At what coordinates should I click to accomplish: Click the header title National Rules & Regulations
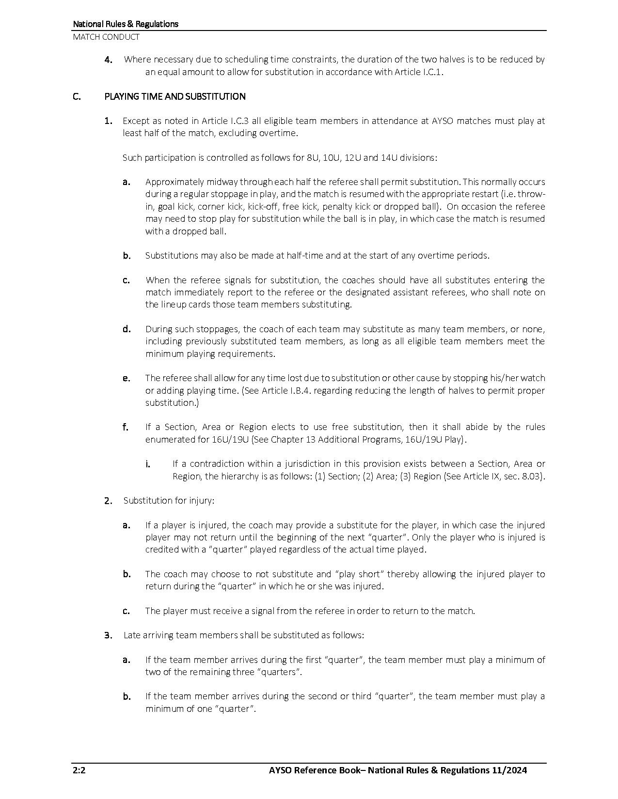(126, 24)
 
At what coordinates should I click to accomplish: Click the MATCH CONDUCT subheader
(106, 37)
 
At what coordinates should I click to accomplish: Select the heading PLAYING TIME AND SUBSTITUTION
(175, 96)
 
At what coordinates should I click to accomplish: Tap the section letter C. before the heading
(77, 96)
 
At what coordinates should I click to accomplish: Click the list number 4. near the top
(109, 60)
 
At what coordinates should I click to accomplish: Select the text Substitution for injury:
(169, 500)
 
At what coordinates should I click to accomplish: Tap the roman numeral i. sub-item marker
(147, 464)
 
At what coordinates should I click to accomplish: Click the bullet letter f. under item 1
(126, 427)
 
